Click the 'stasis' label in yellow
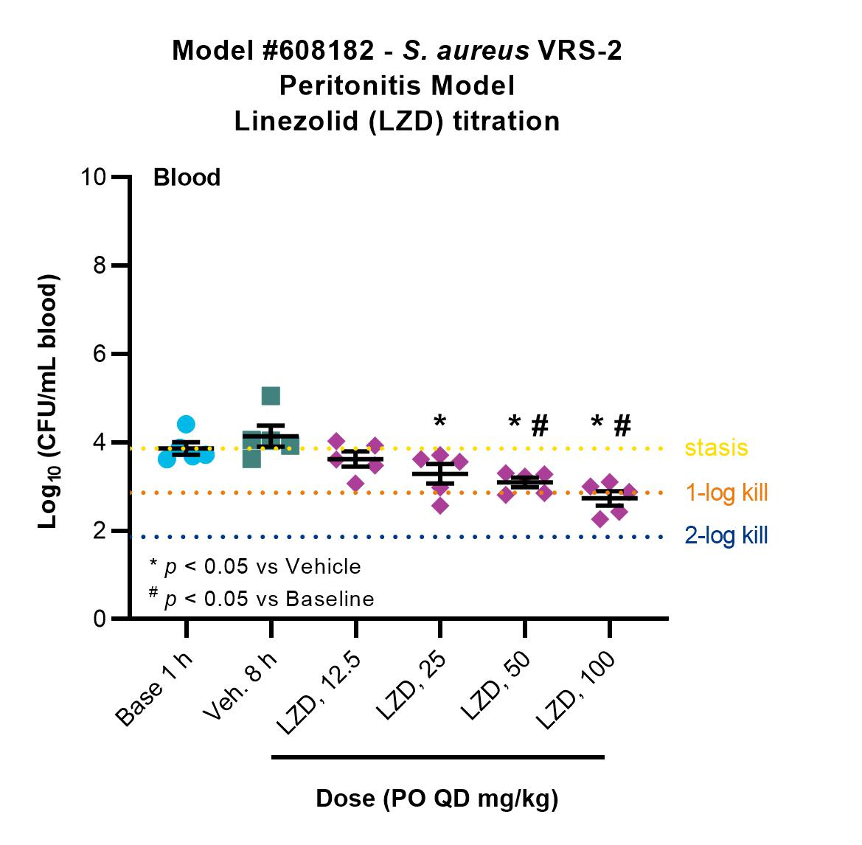click(x=716, y=448)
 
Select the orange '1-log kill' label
click(x=726, y=493)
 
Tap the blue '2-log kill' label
click(x=726, y=535)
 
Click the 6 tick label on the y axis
click(x=99, y=353)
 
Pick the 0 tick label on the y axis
click(x=99, y=619)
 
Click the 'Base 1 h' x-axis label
click(x=154, y=689)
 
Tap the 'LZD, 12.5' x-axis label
click(x=319, y=693)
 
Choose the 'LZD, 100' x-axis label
click(x=575, y=690)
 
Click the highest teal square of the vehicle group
click(x=271, y=396)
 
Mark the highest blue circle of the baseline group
click(x=186, y=425)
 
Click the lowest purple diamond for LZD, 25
click(x=439, y=505)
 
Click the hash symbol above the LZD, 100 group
click(x=622, y=425)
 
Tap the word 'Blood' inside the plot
click(x=187, y=178)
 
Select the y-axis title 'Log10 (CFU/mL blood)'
click(x=49, y=402)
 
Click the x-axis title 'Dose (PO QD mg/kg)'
click(x=437, y=799)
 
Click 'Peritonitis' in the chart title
click(x=351, y=86)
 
